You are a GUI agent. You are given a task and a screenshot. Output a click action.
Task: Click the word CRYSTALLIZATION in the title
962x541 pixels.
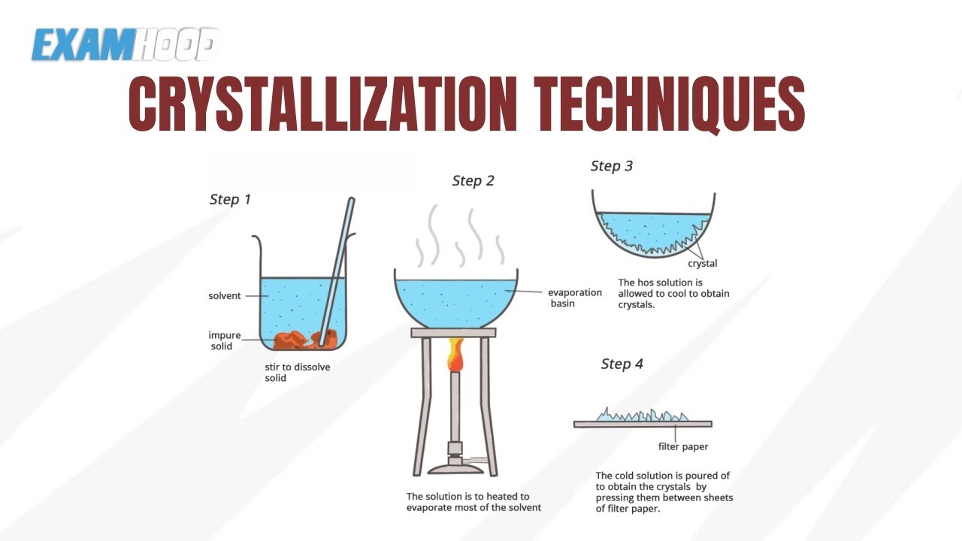point(322,104)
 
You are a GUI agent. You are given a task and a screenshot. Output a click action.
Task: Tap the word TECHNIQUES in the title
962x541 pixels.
point(670,104)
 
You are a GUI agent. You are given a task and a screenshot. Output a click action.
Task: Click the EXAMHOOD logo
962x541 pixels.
point(125,44)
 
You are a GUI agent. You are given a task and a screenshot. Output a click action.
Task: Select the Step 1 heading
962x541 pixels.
point(230,199)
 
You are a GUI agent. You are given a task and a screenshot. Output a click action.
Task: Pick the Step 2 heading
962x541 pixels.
point(473,181)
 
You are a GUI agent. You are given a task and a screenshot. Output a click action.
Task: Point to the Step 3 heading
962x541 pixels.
point(612,166)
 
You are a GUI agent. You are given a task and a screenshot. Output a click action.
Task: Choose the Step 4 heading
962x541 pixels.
point(622,364)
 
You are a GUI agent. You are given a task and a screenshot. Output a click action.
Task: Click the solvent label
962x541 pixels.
point(225,296)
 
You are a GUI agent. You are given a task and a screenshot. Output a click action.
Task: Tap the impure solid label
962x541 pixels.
point(224,340)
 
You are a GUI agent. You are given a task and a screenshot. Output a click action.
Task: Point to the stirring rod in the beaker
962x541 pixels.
point(337,272)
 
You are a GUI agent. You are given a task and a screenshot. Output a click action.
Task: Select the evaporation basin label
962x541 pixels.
point(575,298)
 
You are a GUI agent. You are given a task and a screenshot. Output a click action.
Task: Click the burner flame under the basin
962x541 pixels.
point(455,355)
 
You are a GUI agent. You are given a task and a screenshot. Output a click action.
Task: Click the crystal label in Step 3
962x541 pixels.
point(703,263)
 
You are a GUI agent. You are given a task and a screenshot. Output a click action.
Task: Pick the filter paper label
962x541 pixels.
point(683,446)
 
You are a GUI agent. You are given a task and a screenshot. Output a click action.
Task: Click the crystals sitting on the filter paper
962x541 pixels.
point(643,416)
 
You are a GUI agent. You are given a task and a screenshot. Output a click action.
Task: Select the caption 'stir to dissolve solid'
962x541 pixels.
point(297,372)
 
